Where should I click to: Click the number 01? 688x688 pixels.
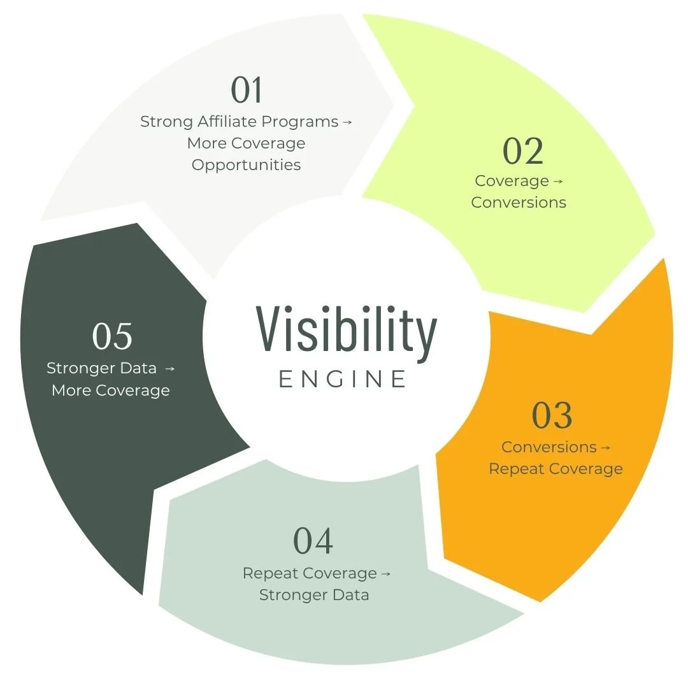(x=247, y=90)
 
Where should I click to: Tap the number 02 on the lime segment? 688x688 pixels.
(x=523, y=151)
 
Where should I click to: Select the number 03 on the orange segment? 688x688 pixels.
(x=552, y=415)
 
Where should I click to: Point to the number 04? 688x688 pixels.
(x=313, y=541)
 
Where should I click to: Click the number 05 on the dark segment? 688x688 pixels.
(x=112, y=336)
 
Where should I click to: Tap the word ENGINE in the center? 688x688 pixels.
(x=343, y=379)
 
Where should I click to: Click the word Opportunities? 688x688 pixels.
(x=246, y=165)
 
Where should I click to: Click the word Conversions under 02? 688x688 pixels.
(x=519, y=203)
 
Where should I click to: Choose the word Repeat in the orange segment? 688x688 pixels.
(x=516, y=469)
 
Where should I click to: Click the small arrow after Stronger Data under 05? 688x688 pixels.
(x=169, y=369)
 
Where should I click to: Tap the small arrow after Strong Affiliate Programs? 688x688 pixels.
(x=347, y=122)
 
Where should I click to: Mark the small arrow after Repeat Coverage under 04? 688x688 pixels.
(x=386, y=574)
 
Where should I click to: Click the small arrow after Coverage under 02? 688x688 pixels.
(x=558, y=182)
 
